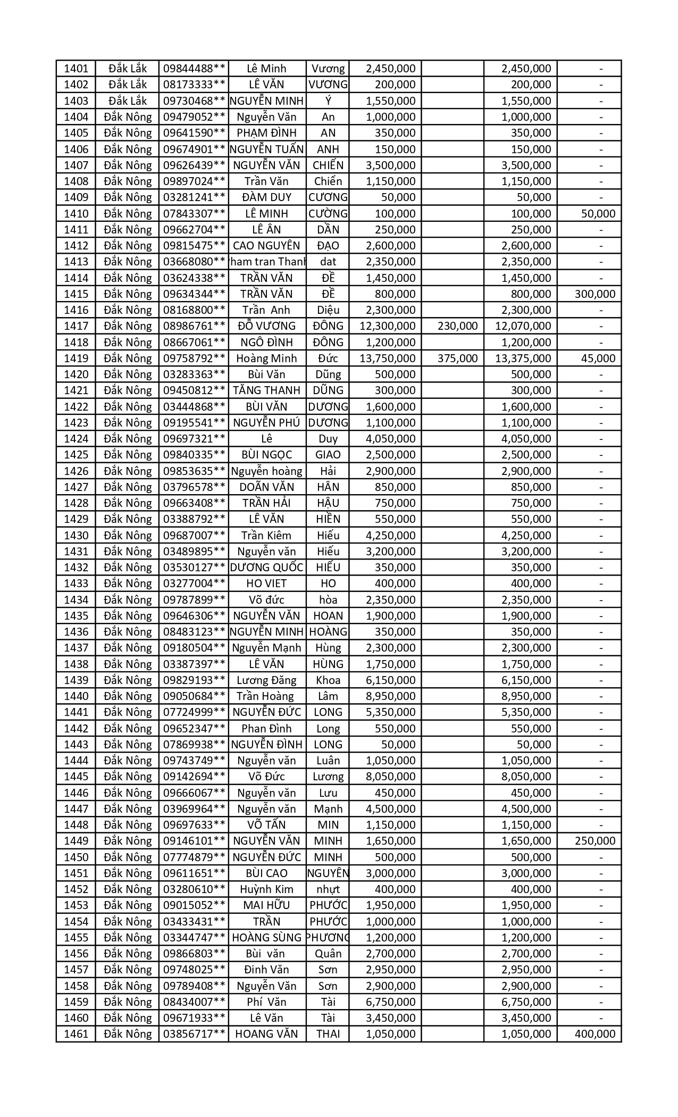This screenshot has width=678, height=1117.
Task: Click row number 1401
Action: pos(76,69)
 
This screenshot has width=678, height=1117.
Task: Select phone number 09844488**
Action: pos(194,69)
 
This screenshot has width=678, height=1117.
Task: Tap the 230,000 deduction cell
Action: pos(457,326)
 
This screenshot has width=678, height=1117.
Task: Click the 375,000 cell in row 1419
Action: pos(457,359)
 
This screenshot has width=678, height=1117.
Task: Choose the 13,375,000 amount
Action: pos(523,359)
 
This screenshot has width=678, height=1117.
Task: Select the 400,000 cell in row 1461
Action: pos(595,1034)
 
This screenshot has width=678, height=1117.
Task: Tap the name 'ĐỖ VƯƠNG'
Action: pos(266,326)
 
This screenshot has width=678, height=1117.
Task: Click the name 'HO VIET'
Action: pos(266,583)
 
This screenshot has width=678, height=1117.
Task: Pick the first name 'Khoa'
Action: pos(328,680)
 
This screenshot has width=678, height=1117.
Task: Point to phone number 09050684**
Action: pos(194,696)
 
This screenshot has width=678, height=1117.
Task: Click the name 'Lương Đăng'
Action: pos(266,680)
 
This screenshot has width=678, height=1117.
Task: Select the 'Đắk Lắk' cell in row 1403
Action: pos(127,101)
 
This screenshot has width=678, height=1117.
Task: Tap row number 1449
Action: pos(76,841)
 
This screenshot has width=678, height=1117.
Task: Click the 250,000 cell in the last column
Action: pos(595,841)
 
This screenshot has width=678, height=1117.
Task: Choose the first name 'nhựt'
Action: pos(328,889)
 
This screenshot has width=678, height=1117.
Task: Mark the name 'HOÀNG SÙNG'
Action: pos(266,938)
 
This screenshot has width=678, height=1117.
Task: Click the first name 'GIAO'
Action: pos(328,455)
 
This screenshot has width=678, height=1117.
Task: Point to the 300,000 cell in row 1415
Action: pos(595,294)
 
